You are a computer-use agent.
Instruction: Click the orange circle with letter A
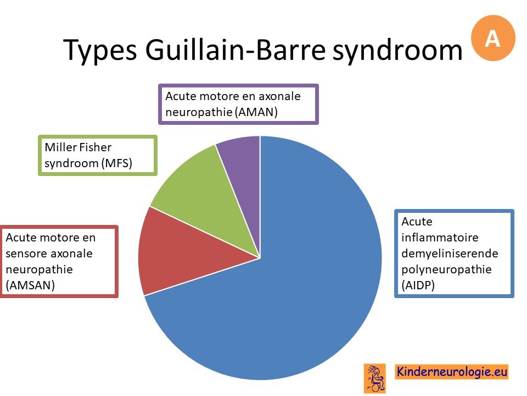click(x=493, y=38)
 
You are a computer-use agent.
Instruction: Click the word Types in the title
click(x=100, y=51)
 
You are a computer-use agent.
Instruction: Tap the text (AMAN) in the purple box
click(x=256, y=112)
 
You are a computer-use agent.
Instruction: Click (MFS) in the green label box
click(x=116, y=163)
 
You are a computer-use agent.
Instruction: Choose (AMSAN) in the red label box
click(x=30, y=285)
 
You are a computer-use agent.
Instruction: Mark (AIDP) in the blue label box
click(x=418, y=285)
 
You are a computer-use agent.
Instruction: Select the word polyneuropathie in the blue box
click(x=446, y=269)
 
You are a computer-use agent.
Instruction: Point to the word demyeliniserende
click(x=450, y=253)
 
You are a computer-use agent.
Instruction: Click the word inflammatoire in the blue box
click(x=440, y=238)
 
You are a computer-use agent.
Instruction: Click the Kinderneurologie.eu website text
click(x=452, y=372)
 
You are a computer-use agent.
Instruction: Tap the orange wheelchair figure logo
click(x=374, y=378)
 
